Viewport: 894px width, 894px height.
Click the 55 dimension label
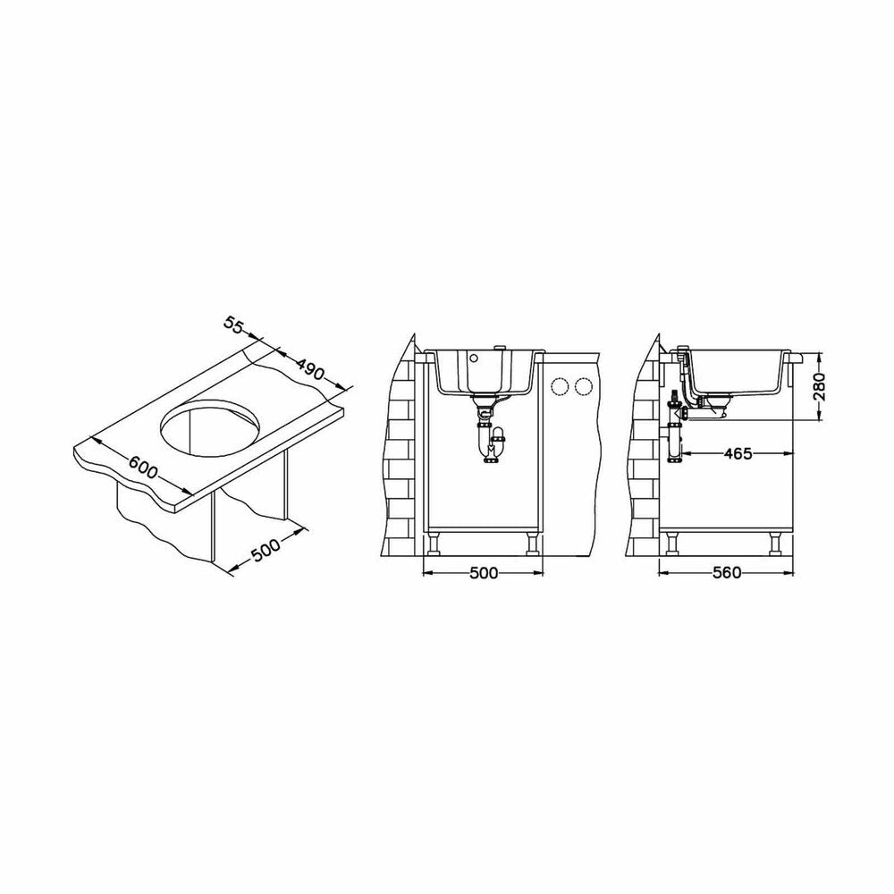(x=233, y=325)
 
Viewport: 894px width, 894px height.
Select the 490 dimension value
(x=310, y=369)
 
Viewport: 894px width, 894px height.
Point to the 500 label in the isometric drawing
(x=266, y=550)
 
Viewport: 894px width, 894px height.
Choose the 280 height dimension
(x=819, y=386)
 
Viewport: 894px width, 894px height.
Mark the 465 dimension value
(x=738, y=454)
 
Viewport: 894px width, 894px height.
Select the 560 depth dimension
(x=727, y=572)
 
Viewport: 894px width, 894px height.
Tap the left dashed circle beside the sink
(x=560, y=387)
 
